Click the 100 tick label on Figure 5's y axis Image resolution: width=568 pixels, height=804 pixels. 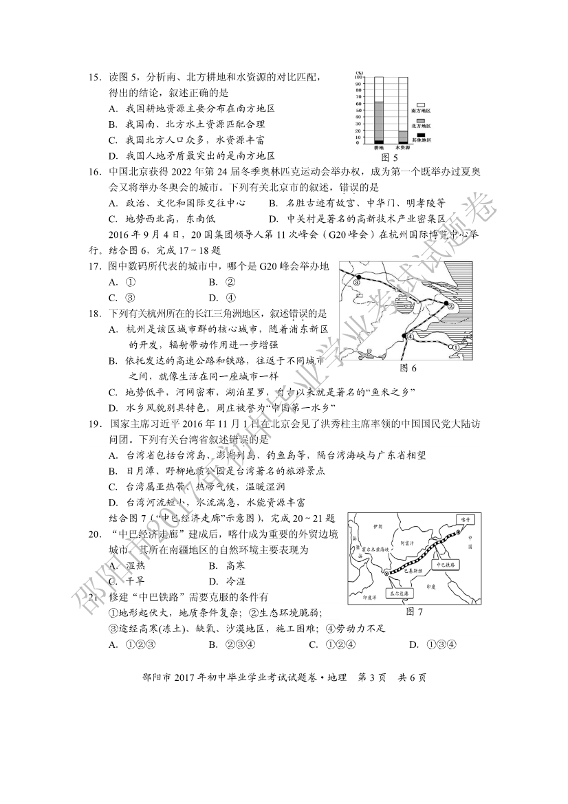click(x=358, y=77)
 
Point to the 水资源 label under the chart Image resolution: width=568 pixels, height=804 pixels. click(x=402, y=148)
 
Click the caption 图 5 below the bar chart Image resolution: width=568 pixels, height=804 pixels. click(x=390, y=157)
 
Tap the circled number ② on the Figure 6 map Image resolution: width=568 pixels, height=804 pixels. click(x=451, y=307)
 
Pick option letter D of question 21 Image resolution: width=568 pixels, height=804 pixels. click(x=413, y=644)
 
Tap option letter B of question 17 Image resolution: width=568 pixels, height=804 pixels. click(x=213, y=281)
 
